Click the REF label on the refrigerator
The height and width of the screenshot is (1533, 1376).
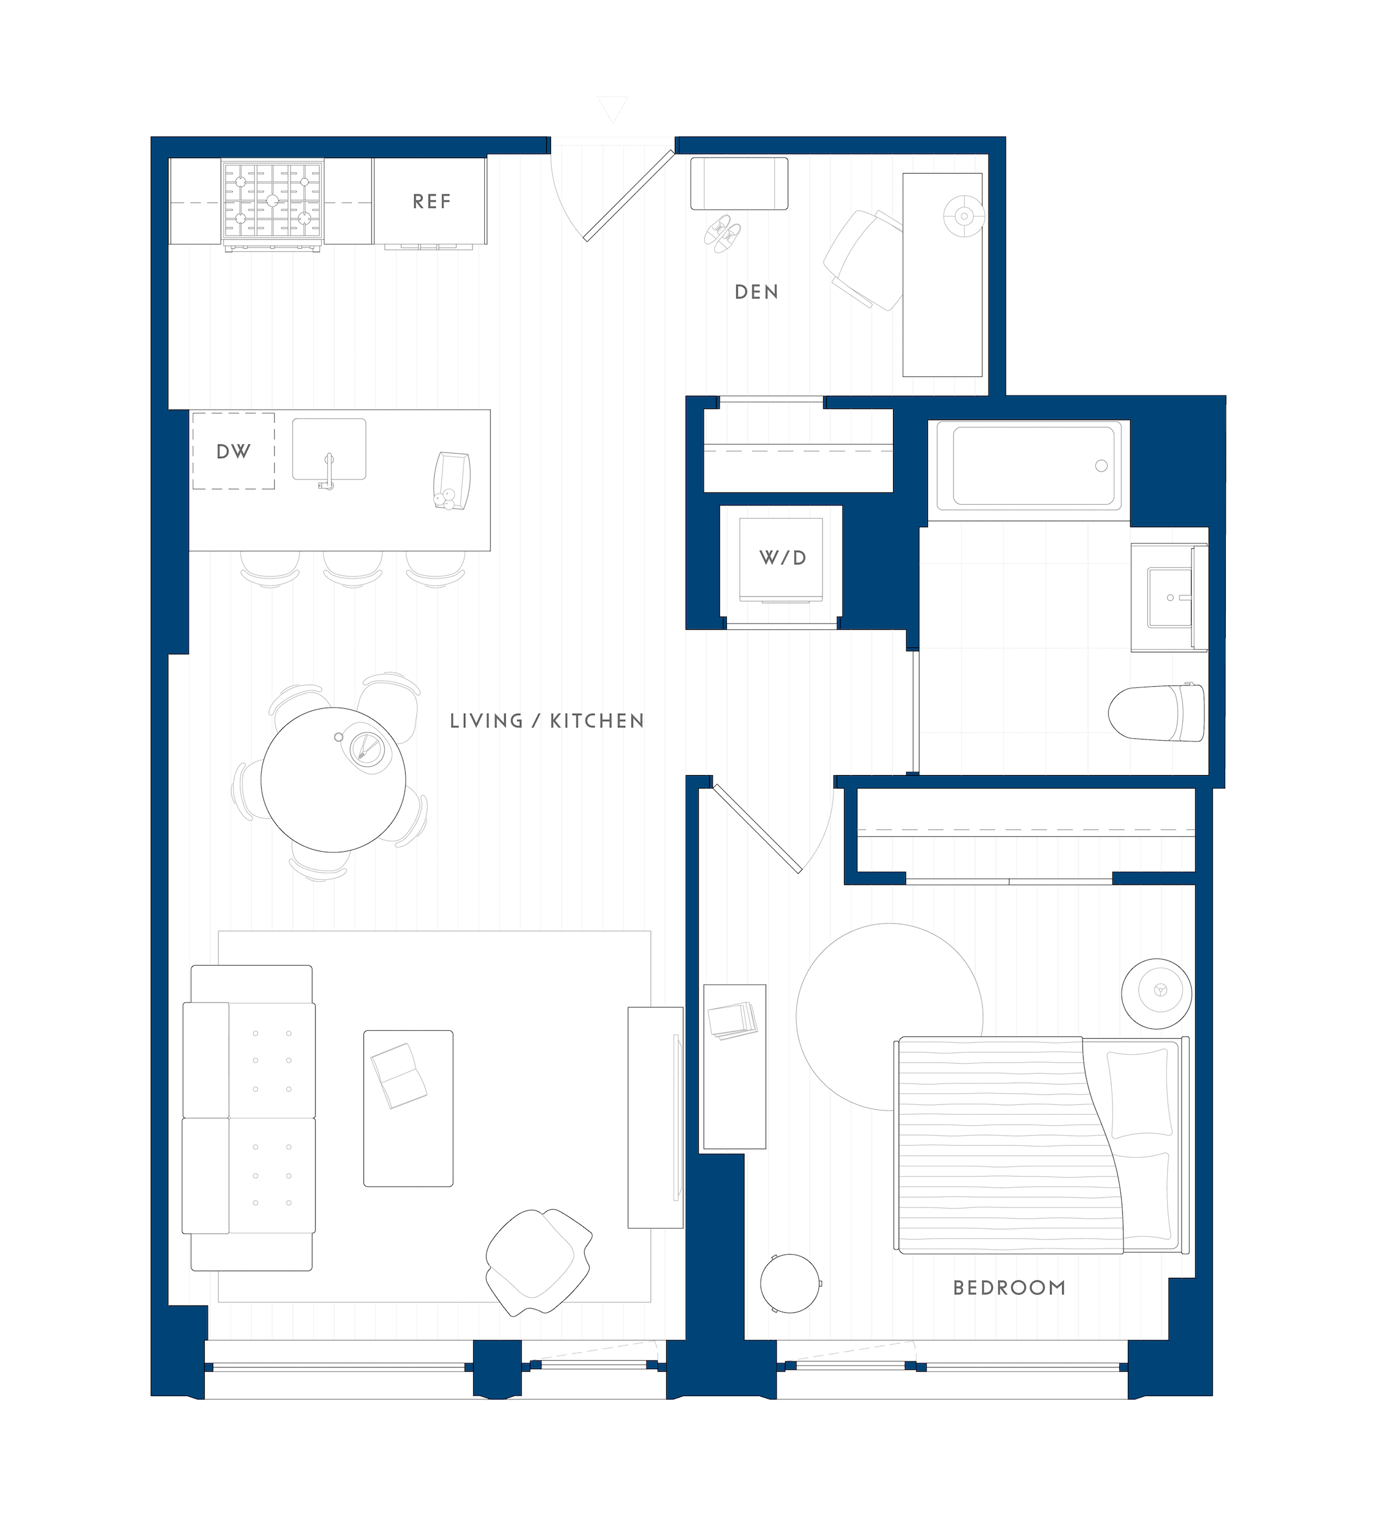tap(431, 201)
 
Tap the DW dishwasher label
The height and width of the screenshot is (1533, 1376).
tap(233, 451)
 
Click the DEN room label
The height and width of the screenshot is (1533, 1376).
tap(756, 292)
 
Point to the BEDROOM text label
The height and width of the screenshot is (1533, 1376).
tap(1009, 1288)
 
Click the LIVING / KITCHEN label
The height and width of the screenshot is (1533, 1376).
tap(547, 721)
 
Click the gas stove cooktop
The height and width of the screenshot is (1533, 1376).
tap(272, 201)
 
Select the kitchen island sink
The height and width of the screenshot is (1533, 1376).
tap(329, 449)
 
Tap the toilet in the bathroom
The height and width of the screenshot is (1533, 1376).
tap(1157, 713)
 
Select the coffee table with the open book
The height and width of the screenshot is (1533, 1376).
tap(408, 1109)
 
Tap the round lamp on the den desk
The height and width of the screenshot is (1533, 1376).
tap(964, 216)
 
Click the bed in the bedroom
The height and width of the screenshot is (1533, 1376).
tap(1040, 1146)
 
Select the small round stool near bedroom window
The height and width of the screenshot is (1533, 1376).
tap(789, 1283)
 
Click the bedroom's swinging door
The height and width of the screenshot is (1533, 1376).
tap(758, 829)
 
